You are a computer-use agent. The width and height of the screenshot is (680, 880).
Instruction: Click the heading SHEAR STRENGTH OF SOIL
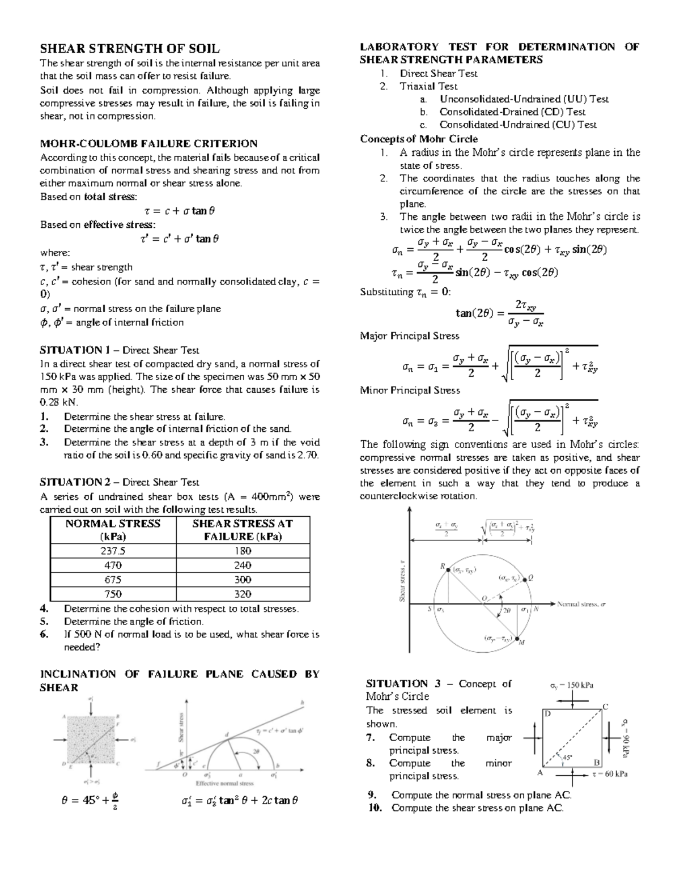129,49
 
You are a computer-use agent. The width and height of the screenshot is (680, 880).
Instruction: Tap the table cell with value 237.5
113,551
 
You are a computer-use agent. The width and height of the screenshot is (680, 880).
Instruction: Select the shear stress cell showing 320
243,594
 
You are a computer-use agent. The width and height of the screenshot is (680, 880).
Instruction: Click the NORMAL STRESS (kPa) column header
113,530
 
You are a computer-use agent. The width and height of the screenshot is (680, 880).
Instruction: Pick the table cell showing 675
113,580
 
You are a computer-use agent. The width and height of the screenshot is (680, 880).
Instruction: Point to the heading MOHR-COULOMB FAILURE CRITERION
148,143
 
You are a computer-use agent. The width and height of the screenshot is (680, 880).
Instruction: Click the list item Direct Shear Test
438,73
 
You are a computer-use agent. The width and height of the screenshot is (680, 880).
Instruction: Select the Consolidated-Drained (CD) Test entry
512,112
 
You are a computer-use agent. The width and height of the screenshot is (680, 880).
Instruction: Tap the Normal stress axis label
581,604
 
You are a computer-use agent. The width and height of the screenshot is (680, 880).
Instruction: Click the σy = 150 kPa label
572,685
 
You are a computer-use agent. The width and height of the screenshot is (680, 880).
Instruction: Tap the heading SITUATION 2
75,482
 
